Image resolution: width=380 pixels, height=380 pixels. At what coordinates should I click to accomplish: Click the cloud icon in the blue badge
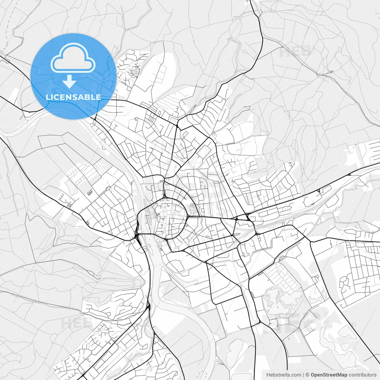pos(73,58)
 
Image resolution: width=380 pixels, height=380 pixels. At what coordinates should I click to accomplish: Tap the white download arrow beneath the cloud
pos(69,81)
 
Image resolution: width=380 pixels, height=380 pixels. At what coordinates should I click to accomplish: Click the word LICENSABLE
pos(73,97)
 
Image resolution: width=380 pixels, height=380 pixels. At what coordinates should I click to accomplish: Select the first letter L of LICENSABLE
pos(48,97)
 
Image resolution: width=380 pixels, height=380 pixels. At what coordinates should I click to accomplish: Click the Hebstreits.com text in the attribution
pos(284,375)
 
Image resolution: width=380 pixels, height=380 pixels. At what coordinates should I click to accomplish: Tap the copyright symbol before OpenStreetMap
pos(308,375)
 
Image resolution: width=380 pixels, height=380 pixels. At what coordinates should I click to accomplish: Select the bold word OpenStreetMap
pos(329,375)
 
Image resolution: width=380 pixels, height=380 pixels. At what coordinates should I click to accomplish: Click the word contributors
pos(362,375)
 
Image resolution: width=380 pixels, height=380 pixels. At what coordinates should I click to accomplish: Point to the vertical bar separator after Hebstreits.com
pos(303,375)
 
